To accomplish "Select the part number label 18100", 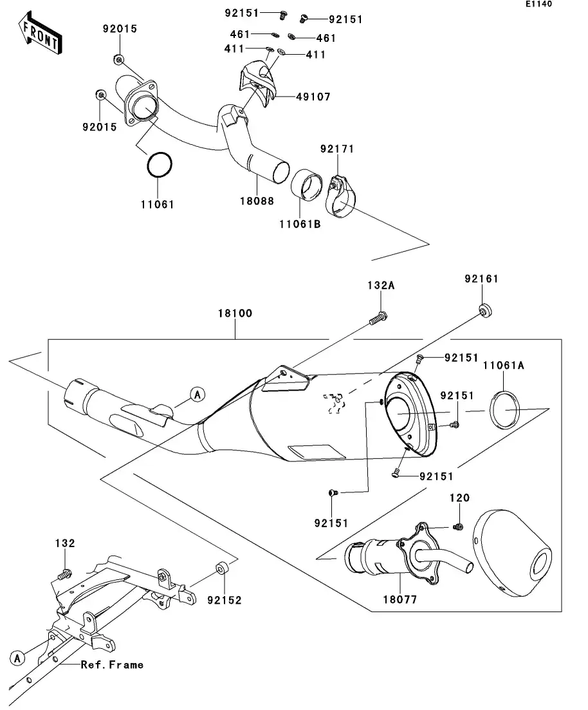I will pos(234,313).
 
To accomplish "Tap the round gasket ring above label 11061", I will pos(160,165).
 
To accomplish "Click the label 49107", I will pos(313,97).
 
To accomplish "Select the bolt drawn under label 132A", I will pos(378,318).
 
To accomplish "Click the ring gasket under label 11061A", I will pos(506,410).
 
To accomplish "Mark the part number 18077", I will pos(401,599).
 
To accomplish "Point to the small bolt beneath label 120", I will pos(458,527).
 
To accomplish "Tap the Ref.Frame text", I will pos(112,664).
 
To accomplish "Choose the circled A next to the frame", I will pos(18,657).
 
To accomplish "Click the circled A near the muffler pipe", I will pos(197,394).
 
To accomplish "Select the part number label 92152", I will pos(224,600).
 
